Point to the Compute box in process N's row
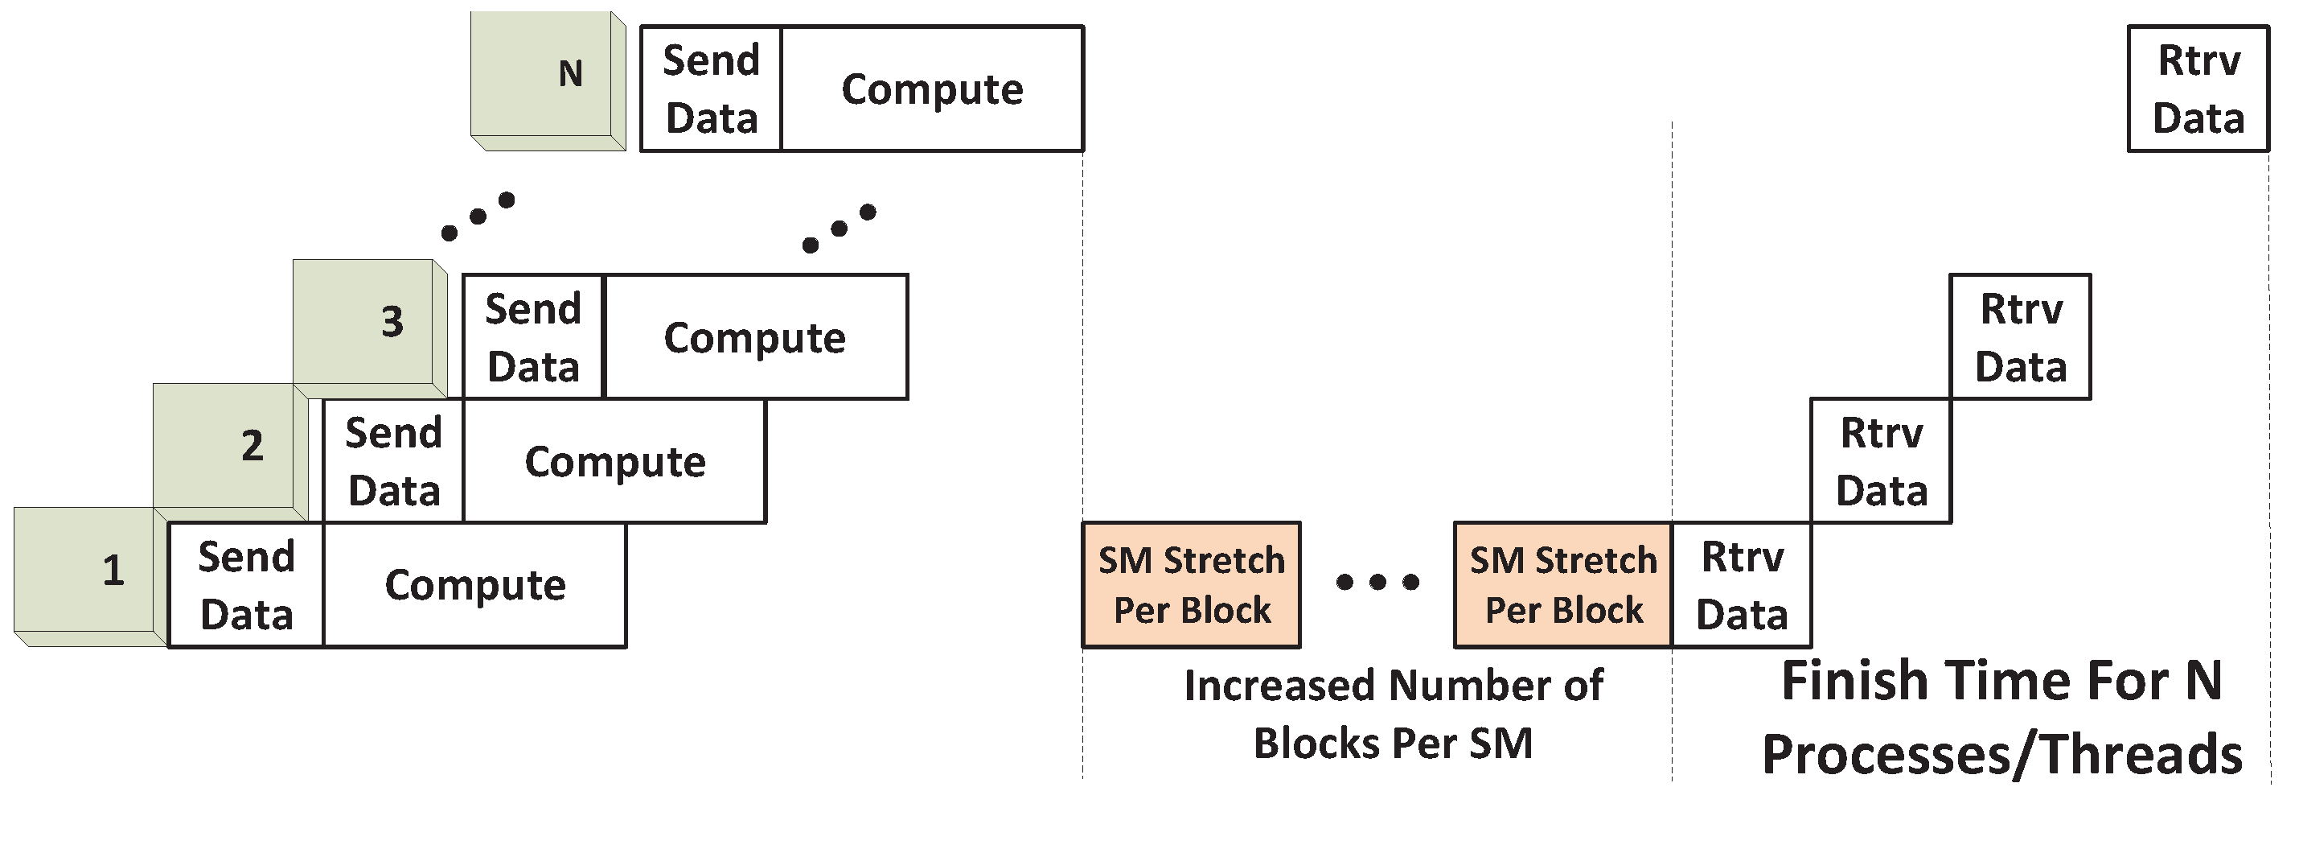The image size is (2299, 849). (x=932, y=89)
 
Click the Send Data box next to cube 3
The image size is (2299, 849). (x=534, y=337)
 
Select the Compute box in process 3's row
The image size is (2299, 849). (x=755, y=337)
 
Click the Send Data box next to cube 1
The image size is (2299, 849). (x=246, y=586)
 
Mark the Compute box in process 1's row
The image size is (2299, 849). (x=474, y=586)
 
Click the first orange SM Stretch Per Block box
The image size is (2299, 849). (x=1192, y=585)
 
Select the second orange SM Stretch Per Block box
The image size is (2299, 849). (x=1562, y=585)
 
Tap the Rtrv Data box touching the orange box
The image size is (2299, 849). (x=1741, y=586)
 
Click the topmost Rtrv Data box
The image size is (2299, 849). (x=2198, y=89)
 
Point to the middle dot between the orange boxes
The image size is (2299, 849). (x=1377, y=582)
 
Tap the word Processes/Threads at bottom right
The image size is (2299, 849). (x=2001, y=754)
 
